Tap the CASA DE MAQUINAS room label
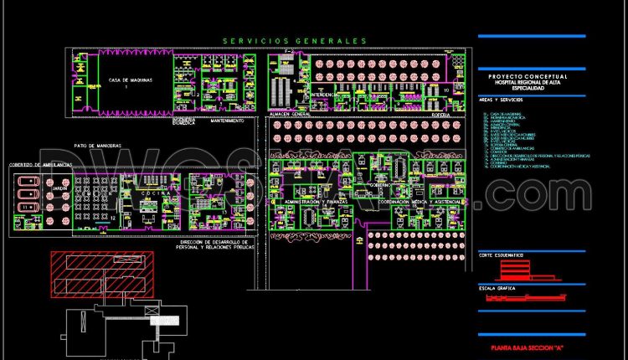pos(128,80)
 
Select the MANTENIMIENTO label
pos(227,121)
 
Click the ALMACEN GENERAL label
pos(290,113)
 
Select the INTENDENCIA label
pos(323,95)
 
